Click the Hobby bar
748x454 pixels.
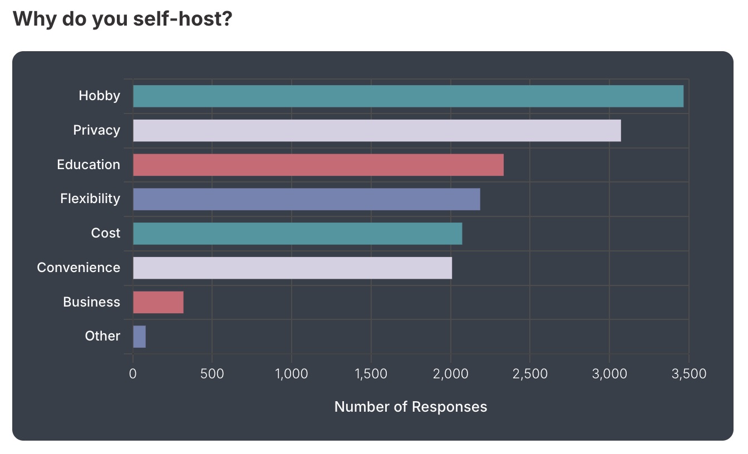point(408,96)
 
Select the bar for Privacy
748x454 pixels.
point(377,131)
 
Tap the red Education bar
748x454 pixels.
point(318,165)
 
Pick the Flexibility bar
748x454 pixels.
point(306,199)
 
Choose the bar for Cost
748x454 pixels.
point(297,234)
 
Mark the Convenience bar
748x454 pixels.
point(292,268)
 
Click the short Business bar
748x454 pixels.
point(158,302)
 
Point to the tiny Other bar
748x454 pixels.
point(139,337)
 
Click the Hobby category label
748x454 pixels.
point(99,96)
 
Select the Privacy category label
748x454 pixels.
point(96,130)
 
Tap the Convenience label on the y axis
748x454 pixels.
point(78,268)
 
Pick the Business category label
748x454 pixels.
point(91,302)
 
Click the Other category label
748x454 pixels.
point(102,336)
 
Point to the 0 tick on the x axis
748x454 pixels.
point(132,374)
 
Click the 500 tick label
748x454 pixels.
point(212,374)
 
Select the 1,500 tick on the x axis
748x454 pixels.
point(371,374)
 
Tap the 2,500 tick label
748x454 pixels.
point(530,374)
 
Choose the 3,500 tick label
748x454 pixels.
point(688,374)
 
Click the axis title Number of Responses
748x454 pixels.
point(411,407)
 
